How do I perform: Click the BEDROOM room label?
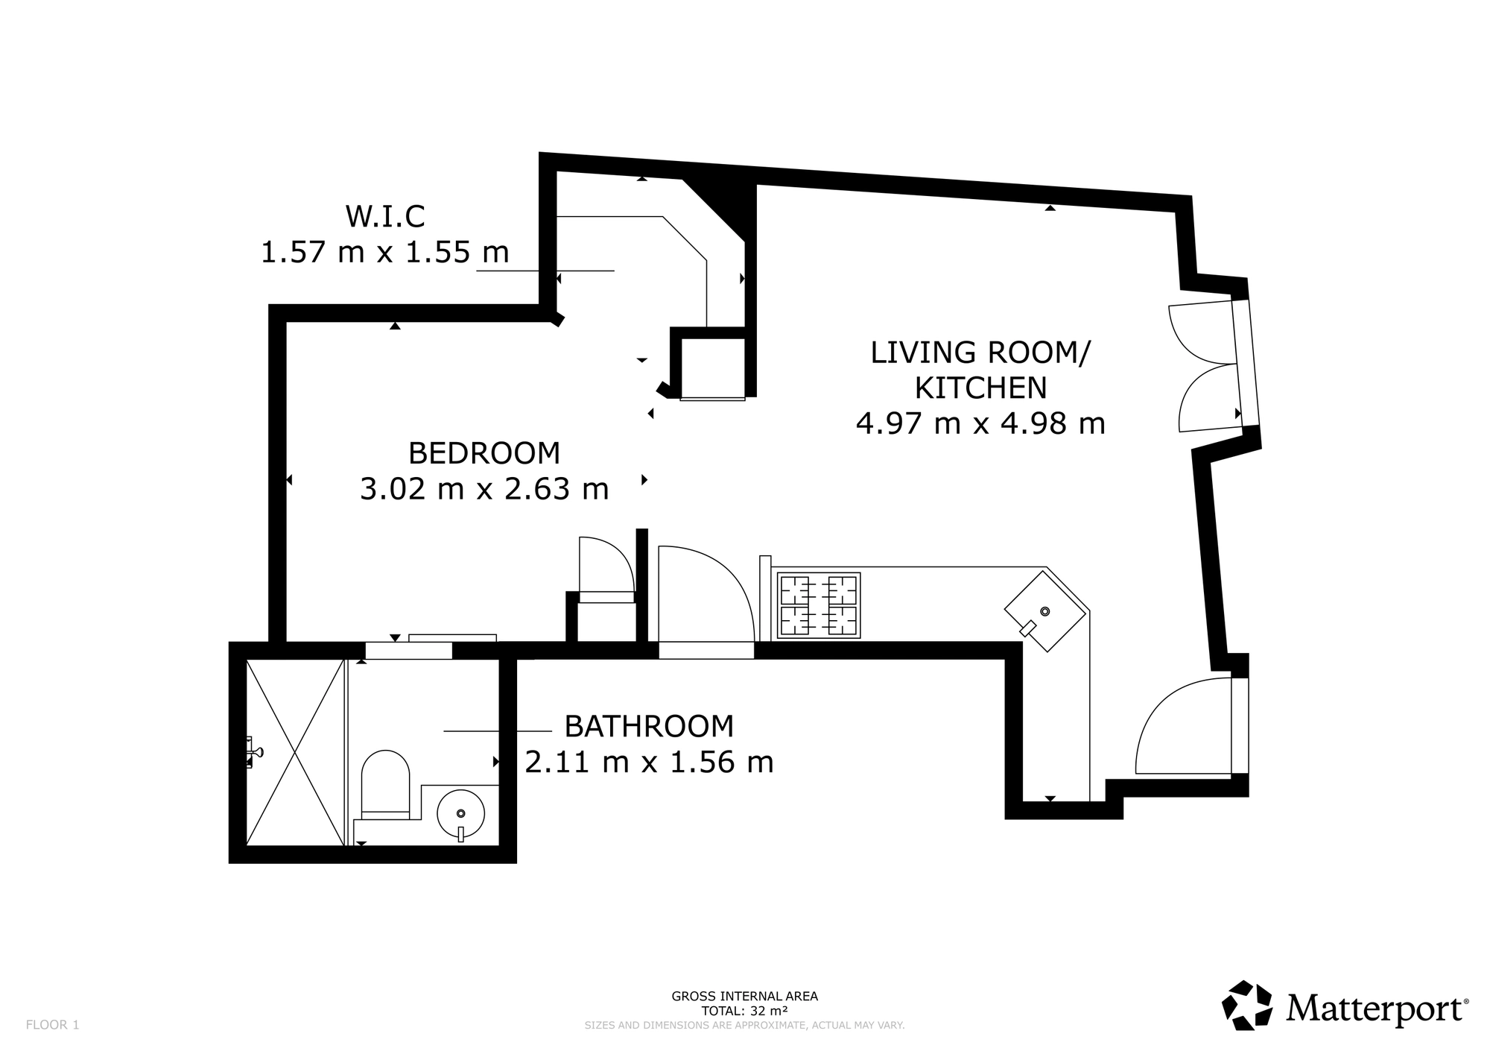[x=484, y=453]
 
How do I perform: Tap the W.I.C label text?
[x=385, y=216]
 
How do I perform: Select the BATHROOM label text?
[x=649, y=726]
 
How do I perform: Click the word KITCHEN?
[x=980, y=388]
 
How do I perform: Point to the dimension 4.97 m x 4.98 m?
[x=980, y=424]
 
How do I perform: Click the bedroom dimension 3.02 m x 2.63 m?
[x=484, y=489]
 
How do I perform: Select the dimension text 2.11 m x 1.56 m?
[x=649, y=762]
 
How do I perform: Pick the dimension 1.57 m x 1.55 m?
[x=384, y=252]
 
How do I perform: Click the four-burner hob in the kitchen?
[x=819, y=605]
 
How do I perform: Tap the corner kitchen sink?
[x=1045, y=611]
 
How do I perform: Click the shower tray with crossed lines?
[x=296, y=752]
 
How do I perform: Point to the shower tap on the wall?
[x=253, y=751]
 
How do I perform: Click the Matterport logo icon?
[x=1247, y=1006]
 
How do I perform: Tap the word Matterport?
[x=1375, y=1009]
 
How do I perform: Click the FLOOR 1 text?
[x=52, y=1025]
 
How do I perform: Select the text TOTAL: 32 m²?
[x=745, y=1012]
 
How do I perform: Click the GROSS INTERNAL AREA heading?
[x=745, y=996]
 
